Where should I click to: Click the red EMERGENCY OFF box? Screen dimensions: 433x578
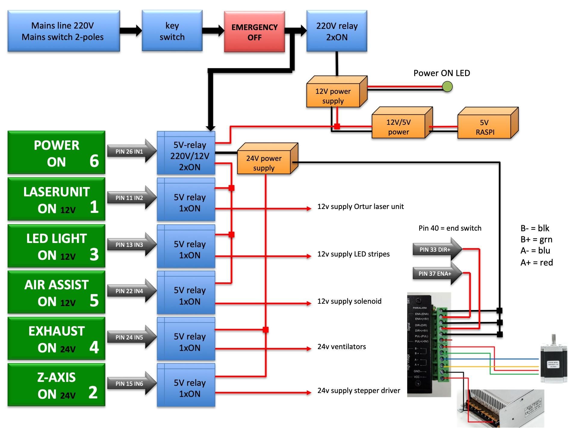[254, 32]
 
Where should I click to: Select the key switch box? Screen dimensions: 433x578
[172, 31]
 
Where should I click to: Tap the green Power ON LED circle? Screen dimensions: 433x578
[447, 87]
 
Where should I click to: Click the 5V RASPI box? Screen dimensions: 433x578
[484, 127]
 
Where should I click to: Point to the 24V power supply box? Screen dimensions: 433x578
[264, 163]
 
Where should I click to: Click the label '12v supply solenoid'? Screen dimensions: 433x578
[349, 301]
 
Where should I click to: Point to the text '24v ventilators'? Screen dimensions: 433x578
[341, 347]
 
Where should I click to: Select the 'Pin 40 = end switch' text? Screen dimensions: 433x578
[450, 228]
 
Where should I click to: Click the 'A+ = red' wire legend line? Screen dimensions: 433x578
[536, 263]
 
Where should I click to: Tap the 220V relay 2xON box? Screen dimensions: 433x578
[337, 31]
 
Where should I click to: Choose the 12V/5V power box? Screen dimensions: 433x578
[398, 127]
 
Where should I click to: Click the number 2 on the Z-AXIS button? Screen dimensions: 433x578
[93, 393]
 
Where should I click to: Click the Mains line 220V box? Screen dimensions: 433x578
[64, 31]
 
